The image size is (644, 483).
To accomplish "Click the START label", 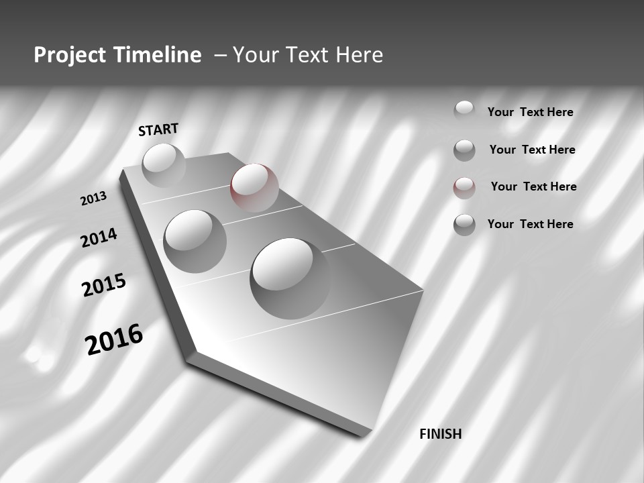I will click(158, 129).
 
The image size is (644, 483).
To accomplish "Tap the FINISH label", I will click(440, 434).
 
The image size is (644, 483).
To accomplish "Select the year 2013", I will click(94, 199).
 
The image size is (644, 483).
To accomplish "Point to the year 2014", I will click(99, 237).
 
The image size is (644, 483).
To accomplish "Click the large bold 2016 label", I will click(114, 339).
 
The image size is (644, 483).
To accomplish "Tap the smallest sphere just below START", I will click(164, 164).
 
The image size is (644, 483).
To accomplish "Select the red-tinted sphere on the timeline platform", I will click(254, 187).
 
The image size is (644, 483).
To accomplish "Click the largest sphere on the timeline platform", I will click(290, 278).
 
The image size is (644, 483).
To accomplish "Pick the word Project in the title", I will click(70, 55).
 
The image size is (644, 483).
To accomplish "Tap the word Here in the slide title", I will click(359, 55).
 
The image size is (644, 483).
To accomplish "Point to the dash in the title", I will click(220, 56).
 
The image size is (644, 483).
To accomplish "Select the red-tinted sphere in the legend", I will click(464, 188).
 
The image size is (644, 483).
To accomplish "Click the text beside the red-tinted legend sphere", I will click(533, 186).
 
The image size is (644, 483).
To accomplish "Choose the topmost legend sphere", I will click(464, 111).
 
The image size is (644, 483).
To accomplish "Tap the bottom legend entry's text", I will click(530, 224).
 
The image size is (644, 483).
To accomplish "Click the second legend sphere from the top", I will click(464, 150).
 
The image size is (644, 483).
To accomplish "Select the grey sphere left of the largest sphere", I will click(195, 241).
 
